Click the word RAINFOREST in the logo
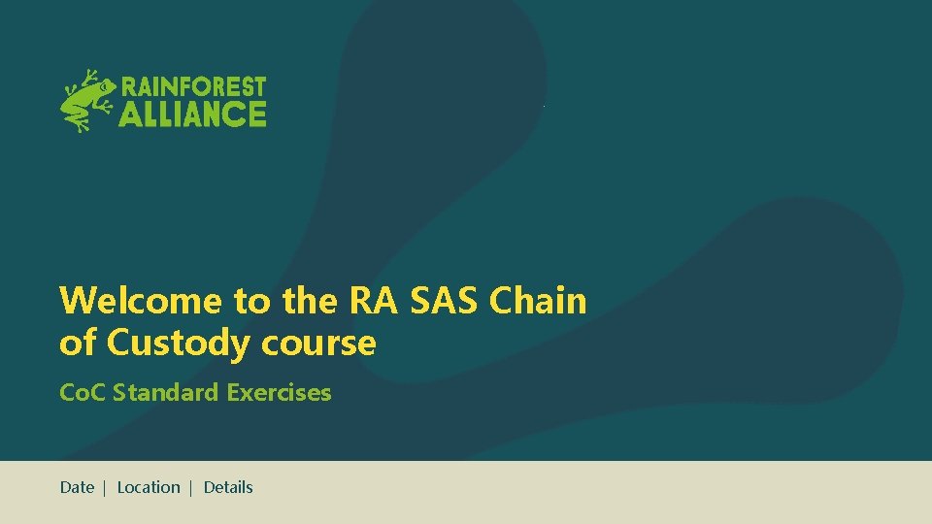(x=193, y=87)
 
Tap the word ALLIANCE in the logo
(x=193, y=115)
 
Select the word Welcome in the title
(x=141, y=301)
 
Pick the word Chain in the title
(x=539, y=301)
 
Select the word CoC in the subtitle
(x=82, y=393)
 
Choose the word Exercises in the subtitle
(x=279, y=393)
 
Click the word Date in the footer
(x=77, y=487)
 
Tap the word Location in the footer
(x=149, y=487)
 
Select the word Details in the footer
(x=228, y=487)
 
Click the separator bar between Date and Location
(x=104, y=488)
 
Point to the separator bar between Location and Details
(x=191, y=488)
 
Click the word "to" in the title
(x=251, y=301)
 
